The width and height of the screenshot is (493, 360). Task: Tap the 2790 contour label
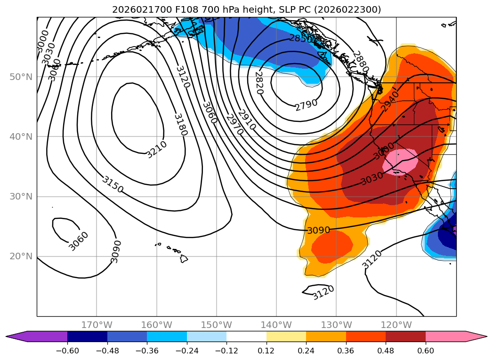click(307, 104)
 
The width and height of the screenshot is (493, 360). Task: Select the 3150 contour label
click(113, 184)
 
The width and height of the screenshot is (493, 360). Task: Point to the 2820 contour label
click(259, 83)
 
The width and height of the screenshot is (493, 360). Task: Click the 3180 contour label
click(180, 124)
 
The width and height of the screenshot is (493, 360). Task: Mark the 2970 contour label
click(234, 124)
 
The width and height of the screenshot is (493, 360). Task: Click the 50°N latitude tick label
click(21, 77)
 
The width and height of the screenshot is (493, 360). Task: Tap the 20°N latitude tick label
click(21, 256)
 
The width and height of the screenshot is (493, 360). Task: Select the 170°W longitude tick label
click(97, 325)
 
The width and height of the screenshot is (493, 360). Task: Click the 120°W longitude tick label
click(396, 325)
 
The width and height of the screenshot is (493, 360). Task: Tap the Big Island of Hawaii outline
click(183, 258)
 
